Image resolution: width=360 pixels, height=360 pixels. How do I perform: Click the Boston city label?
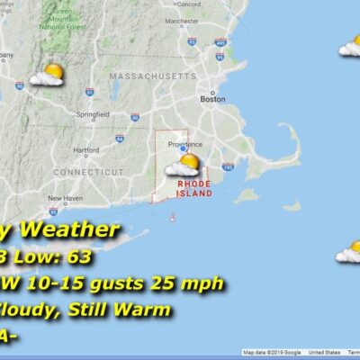tap(212, 100)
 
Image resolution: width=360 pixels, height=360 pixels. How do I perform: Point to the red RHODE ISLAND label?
tap(194, 187)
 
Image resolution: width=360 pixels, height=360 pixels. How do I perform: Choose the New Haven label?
tap(65, 198)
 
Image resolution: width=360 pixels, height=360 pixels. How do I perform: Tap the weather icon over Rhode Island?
tap(183, 165)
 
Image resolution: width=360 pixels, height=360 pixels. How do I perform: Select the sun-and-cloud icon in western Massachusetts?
tap(48, 75)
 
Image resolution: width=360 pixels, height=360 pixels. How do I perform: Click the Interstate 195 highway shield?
tap(228, 166)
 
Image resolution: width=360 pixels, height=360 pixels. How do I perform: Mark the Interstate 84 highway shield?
tap(119, 139)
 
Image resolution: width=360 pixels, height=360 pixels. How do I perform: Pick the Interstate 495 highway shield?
tap(220, 41)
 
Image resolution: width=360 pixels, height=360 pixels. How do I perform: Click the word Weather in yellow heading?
tap(77, 230)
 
